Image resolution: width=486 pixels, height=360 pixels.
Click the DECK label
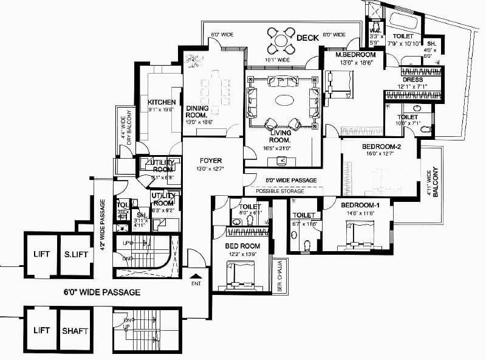308,38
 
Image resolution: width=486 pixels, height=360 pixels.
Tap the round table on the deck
280,40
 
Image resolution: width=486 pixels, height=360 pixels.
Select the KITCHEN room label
162,102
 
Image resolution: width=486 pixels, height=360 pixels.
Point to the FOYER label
210,162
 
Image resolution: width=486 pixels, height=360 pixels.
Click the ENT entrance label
196,283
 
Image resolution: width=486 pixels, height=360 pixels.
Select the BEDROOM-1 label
361,204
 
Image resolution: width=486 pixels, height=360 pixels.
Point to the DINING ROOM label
197,111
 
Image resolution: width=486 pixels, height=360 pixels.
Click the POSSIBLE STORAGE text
279,191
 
